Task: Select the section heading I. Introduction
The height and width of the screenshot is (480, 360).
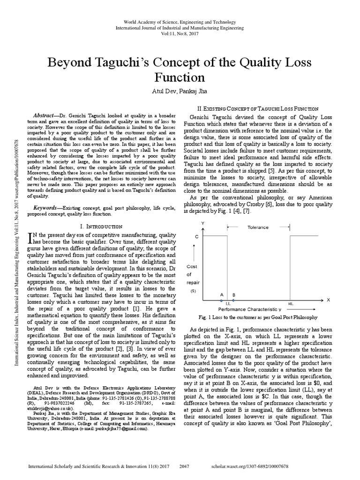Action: tap(97, 226)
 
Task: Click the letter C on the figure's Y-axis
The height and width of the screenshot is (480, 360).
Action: tap(196, 237)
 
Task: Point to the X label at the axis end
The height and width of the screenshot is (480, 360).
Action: tap(328, 299)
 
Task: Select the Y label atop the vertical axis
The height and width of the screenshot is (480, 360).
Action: tap(202, 223)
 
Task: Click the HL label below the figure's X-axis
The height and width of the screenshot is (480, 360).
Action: tap(291, 304)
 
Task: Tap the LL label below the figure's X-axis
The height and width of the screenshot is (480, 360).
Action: tap(228, 304)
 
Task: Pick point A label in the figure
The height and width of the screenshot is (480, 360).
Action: tap(221, 295)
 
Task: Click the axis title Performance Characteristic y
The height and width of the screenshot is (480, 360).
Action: tap(249, 310)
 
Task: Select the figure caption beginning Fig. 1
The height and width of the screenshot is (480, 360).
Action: tap(259, 317)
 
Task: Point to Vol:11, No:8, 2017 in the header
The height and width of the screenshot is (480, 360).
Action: tap(180, 34)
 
